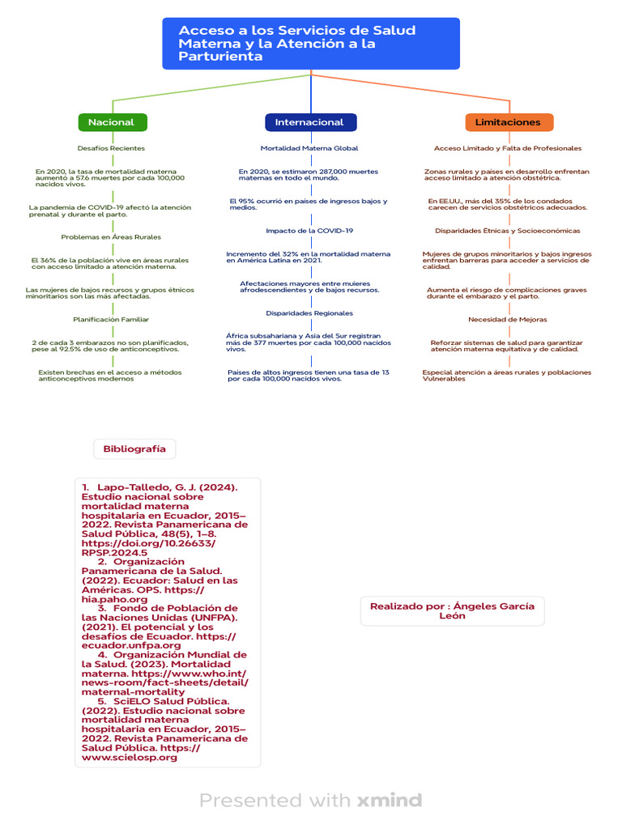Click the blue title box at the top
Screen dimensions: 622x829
[311, 44]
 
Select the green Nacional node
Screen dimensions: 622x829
[113, 122]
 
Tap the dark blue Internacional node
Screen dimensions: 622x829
[310, 122]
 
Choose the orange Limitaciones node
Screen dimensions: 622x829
[509, 122]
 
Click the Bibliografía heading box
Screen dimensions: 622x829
[134, 449]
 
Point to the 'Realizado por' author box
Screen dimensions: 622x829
[452, 611]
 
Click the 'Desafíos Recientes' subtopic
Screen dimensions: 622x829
[111, 149]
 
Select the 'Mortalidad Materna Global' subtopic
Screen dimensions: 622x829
[309, 149]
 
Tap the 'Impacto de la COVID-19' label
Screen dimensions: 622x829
[309, 231]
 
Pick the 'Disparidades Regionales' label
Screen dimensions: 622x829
[309, 313]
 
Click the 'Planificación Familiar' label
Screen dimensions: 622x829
[111, 320]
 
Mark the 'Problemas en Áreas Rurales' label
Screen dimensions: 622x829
[111, 237]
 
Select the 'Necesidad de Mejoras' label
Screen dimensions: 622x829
[508, 320]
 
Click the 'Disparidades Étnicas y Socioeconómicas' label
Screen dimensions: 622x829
[508, 231]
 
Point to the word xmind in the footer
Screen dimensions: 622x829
[390, 800]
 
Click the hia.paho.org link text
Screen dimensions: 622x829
[114, 600]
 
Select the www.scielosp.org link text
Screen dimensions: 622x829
[129, 758]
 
